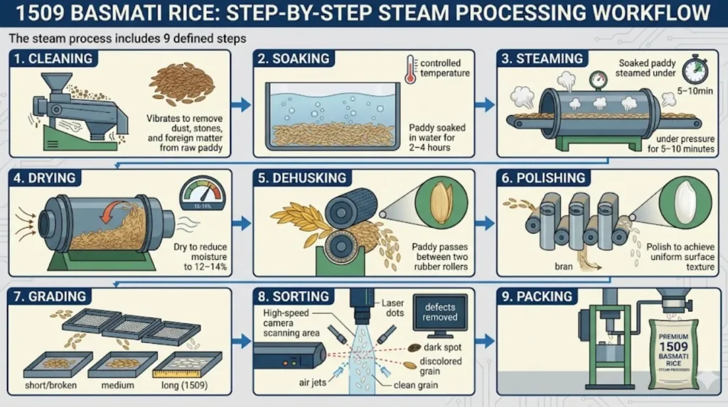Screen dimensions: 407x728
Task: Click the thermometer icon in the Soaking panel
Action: click(x=411, y=73)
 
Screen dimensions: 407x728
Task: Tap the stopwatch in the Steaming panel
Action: click(x=693, y=71)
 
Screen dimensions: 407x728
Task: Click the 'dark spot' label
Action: click(x=441, y=347)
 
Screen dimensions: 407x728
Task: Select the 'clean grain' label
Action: click(x=417, y=386)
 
